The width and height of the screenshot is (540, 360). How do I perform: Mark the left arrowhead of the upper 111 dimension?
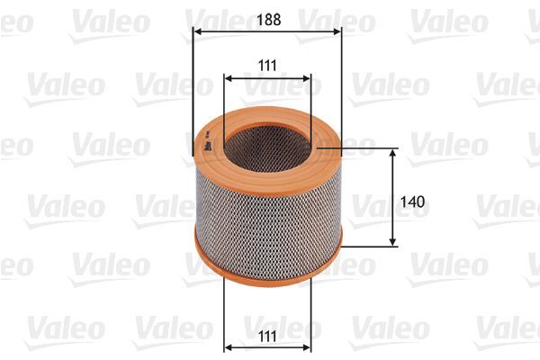click(x=229, y=79)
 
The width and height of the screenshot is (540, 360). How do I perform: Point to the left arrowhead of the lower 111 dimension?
click(x=229, y=347)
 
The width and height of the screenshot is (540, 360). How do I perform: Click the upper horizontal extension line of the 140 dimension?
click(x=369, y=149)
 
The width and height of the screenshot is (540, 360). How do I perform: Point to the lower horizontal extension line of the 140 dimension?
click(x=369, y=246)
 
